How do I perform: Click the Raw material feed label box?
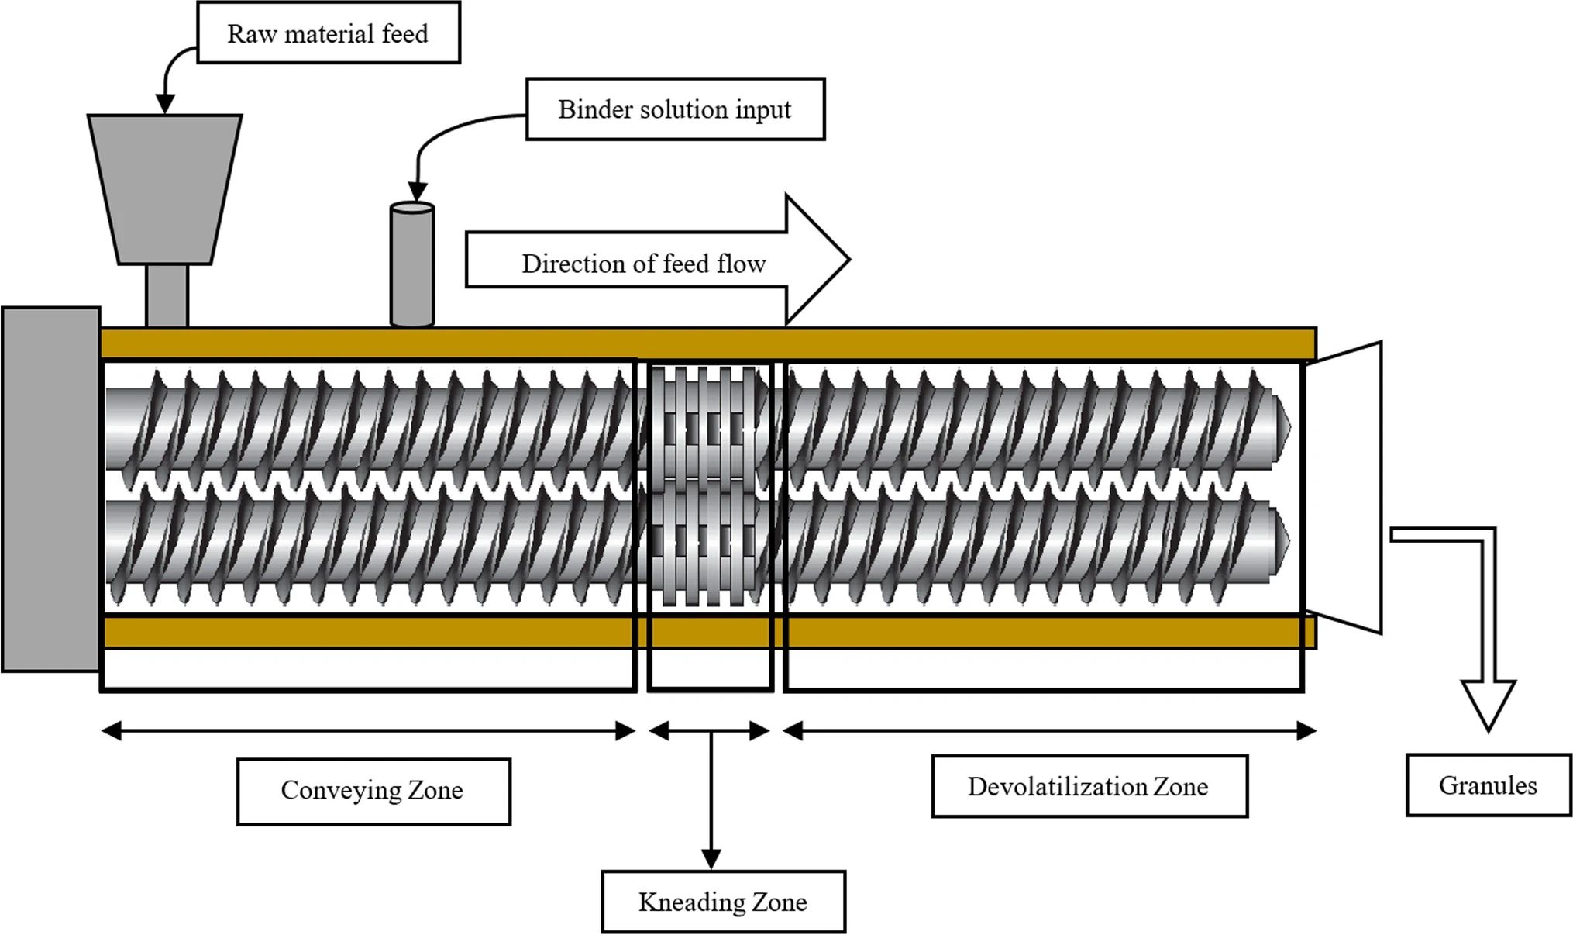pyautogui.click(x=328, y=33)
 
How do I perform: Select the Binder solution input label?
pyautogui.click(x=675, y=109)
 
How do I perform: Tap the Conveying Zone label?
pyautogui.click(x=373, y=791)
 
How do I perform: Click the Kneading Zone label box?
pyautogui.click(x=723, y=902)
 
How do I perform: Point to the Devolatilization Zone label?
pyautogui.click(x=1089, y=786)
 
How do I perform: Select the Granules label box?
pyautogui.click(x=1488, y=785)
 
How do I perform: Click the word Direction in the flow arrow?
pyautogui.click(x=572, y=264)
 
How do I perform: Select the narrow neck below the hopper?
pyautogui.click(x=167, y=295)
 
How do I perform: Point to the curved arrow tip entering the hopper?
pyautogui.click(x=165, y=104)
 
